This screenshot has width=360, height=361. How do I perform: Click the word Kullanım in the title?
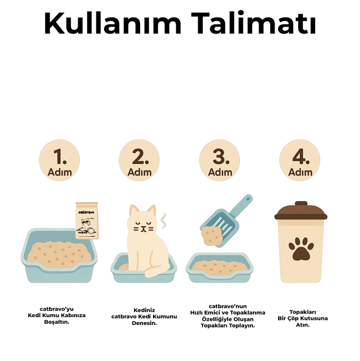tap(112, 23)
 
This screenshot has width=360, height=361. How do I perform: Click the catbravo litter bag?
tap(87, 221)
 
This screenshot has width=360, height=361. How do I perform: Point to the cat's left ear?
tap(134, 211)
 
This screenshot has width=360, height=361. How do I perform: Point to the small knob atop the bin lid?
tap(300, 204)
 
